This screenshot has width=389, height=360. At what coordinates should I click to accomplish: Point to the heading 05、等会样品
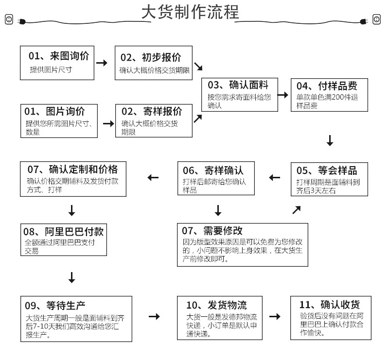[x=326, y=170]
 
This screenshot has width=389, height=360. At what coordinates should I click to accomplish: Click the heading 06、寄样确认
[x=213, y=170]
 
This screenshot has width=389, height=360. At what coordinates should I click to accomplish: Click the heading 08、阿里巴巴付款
[x=63, y=231]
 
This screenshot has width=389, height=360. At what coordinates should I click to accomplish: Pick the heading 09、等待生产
[x=55, y=306]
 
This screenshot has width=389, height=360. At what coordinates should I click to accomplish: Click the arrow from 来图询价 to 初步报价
[x=102, y=63]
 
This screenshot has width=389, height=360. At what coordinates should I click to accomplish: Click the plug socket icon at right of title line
[x=376, y=19]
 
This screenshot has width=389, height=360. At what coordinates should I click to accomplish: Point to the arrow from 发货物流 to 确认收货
[x=275, y=317]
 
